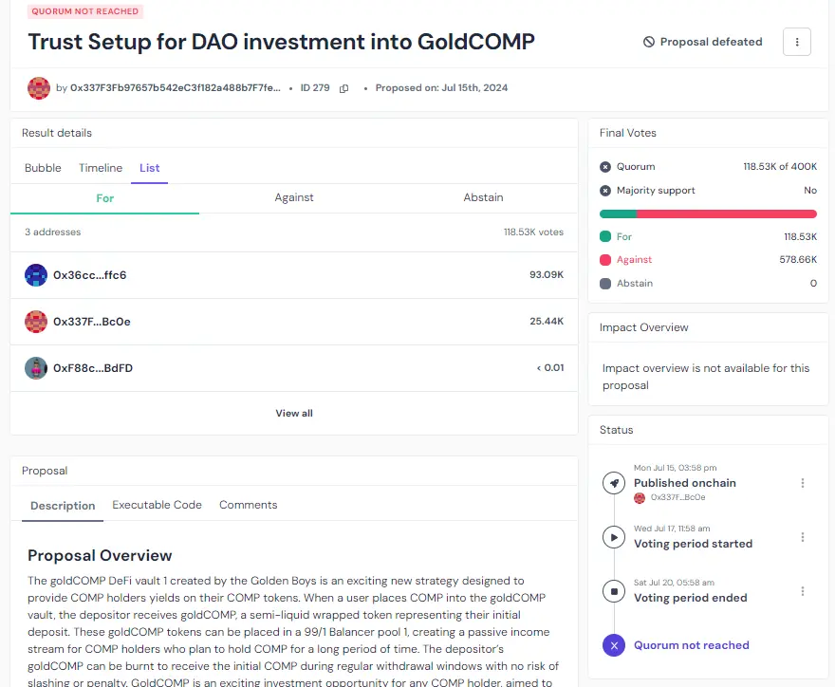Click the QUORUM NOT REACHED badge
84,11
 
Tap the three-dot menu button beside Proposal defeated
797,42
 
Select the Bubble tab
43,168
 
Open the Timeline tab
101,168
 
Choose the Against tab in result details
294,197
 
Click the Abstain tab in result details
483,197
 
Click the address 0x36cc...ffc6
90,275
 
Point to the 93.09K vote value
547,275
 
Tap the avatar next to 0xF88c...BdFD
36,368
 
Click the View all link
294,414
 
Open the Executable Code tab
158,505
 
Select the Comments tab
249,505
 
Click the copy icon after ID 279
343,88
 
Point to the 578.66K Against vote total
798,260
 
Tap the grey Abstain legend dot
605,284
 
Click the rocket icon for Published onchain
614,483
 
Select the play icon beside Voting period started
614,537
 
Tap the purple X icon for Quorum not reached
614,645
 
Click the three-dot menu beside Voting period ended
803,591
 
